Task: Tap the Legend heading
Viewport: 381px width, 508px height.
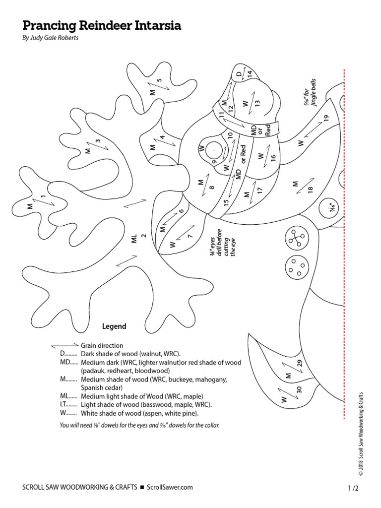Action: pyautogui.click(x=114, y=326)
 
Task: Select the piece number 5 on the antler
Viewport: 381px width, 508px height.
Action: pyautogui.click(x=159, y=80)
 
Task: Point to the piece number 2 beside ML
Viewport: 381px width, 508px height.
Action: pyautogui.click(x=144, y=236)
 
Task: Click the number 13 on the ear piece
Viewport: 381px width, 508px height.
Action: pyautogui.click(x=257, y=103)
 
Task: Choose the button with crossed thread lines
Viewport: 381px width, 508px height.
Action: pyautogui.click(x=297, y=240)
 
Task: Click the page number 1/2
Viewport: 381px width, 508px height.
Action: pyautogui.click(x=353, y=488)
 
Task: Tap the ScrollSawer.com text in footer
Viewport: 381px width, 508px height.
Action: pyautogui.click(x=170, y=488)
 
